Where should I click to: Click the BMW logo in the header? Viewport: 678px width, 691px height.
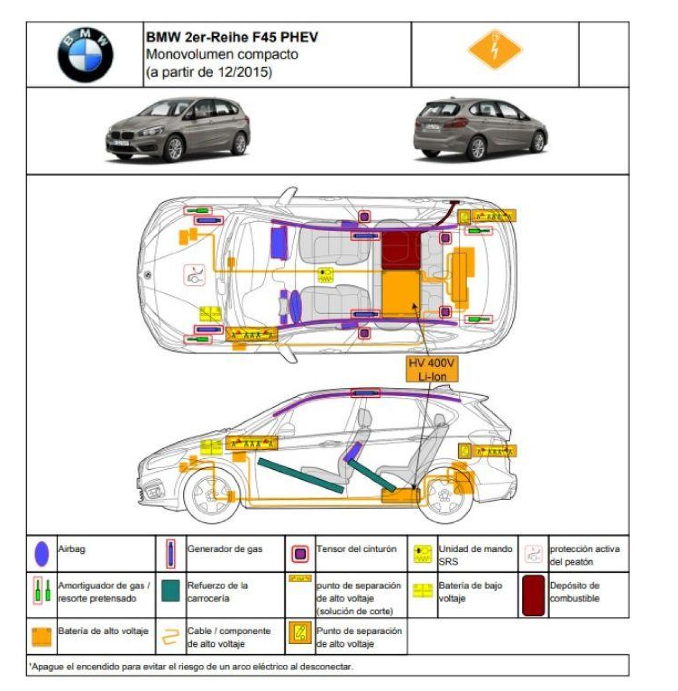85,55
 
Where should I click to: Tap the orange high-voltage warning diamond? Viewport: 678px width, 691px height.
494,50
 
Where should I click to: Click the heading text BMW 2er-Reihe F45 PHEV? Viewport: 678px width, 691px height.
232,37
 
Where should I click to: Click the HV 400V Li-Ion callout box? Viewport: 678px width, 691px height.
432,369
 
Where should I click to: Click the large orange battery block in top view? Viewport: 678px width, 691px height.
401,294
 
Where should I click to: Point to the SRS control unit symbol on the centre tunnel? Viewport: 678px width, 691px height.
325,275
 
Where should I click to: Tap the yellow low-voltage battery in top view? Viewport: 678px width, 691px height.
210,314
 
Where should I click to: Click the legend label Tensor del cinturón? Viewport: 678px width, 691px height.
356,549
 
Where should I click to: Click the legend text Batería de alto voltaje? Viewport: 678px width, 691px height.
103,631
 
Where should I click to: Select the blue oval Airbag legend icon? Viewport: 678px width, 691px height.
42,553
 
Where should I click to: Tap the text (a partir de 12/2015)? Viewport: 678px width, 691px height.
209,72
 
